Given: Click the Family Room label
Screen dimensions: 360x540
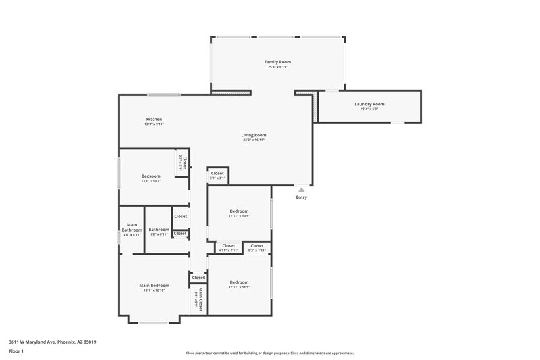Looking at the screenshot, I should click(278, 61).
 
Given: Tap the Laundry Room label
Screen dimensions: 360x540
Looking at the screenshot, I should click(369, 103).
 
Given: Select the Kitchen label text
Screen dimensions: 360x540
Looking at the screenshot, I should click(154, 119).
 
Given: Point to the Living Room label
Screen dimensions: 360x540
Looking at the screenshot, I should click(254, 134).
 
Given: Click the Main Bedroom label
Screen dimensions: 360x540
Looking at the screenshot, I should click(154, 285).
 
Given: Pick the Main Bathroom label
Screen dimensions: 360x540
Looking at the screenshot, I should click(132, 227).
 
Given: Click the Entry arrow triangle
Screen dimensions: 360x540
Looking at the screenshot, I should click(301, 190).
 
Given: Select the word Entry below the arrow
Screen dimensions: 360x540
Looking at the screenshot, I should click(301, 197).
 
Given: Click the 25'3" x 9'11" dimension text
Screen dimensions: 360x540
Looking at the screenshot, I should click(278, 67).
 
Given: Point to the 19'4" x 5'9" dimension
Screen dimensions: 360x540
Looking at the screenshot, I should click(369, 109).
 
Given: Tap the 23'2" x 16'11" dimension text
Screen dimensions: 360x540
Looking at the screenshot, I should click(254, 140).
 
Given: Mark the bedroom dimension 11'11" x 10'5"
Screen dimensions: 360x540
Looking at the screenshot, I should click(239, 216).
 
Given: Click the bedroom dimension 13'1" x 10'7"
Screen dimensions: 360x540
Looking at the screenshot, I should click(151, 181).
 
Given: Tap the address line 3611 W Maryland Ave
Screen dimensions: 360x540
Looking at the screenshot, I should click(53, 342).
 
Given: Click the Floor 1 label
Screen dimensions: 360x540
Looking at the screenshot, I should click(16, 351).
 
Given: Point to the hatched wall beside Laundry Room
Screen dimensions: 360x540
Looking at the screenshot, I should click(315, 106).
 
